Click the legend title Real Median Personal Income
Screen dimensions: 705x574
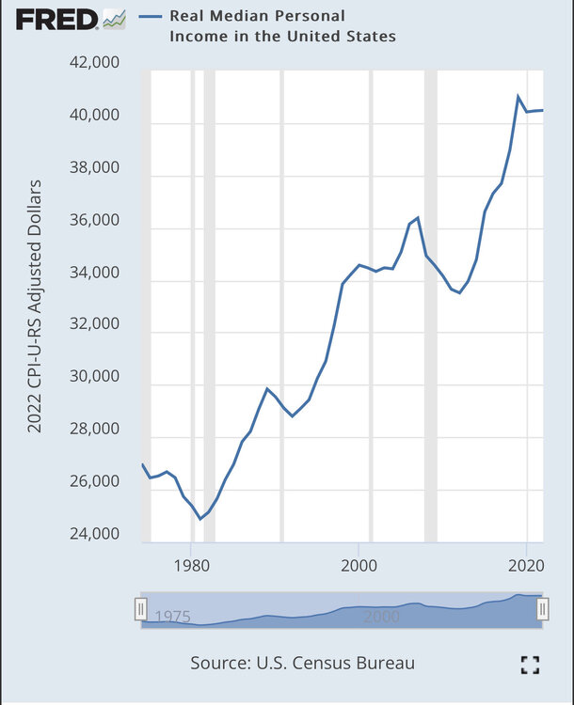pyautogui.click(x=282, y=26)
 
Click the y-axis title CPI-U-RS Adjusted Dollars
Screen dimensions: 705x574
pyautogui.click(x=35, y=305)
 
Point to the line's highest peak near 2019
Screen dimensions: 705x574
pyautogui.click(x=518, y=96)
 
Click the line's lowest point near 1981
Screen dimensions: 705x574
pyautogui.click(x=199, y=519)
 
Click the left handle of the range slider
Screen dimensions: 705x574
pyautogui.click(x=141, y=609)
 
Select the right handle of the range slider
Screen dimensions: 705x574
pyautogui.click(x=542, y=609)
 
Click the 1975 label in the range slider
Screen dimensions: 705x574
pyautogui.click(x=173, y=617)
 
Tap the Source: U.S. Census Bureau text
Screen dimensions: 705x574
pyautogui.click(x=302, y=663)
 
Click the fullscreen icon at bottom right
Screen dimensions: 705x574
pyautogui.click(x=531, y=665)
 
